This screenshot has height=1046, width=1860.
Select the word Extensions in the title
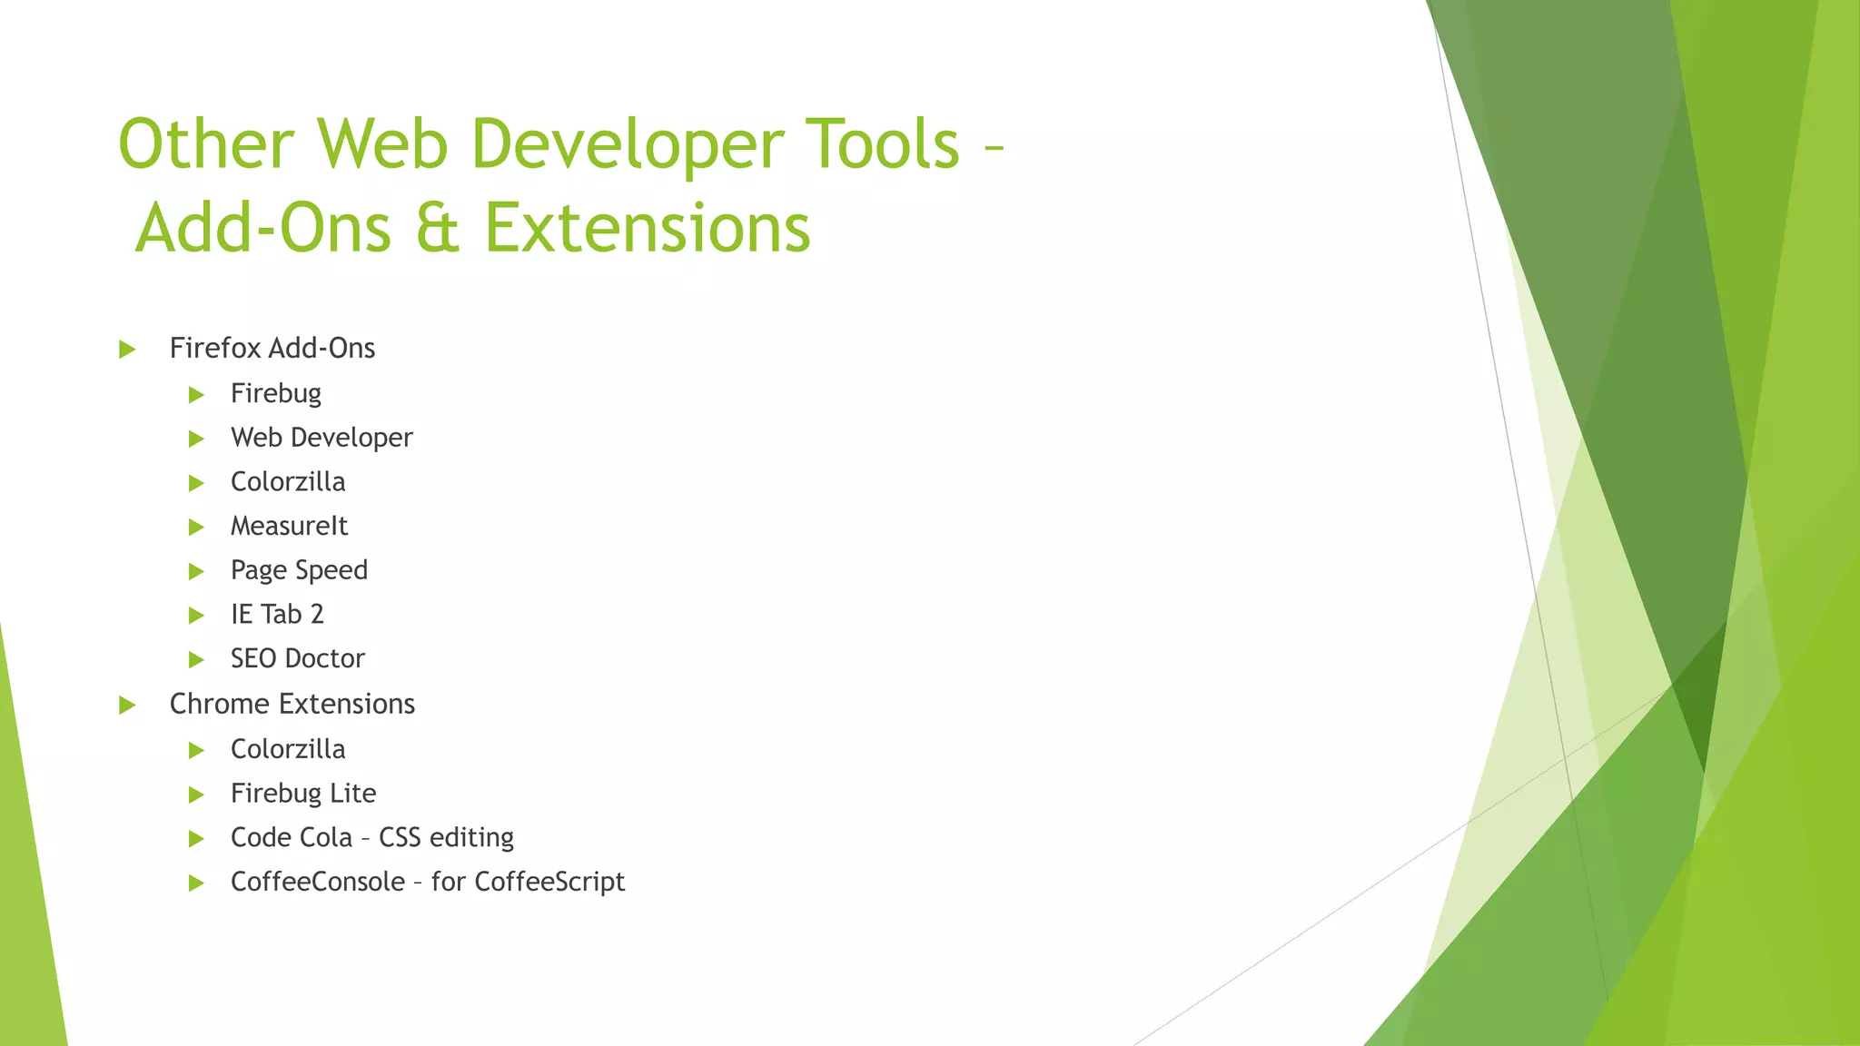point(647,228)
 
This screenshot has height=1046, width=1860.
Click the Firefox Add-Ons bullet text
point(272,349)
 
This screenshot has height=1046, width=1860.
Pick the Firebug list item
point(275,394)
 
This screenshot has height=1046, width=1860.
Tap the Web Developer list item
point(322,438)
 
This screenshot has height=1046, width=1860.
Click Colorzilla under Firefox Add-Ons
point(287,482)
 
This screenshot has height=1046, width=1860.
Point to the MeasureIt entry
point(289,527)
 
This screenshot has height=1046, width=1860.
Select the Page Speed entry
point(299,570)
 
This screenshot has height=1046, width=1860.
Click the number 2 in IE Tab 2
point(317,615)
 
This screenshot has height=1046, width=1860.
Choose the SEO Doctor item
point(297,659)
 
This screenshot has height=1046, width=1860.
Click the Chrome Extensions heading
point(292,705)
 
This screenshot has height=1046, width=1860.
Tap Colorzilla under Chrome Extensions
point(287,750)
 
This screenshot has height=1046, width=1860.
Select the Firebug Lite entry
point(302,794)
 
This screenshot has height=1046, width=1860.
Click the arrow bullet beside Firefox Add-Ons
point(127,350)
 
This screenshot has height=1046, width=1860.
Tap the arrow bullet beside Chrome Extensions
point(127,706)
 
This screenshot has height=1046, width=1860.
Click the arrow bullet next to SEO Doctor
point(196,660)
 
